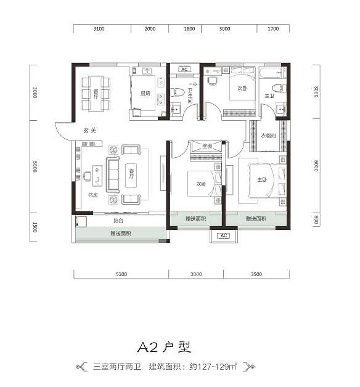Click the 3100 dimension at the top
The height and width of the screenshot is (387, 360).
click(99, 29)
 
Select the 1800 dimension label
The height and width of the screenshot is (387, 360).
click(189, 29)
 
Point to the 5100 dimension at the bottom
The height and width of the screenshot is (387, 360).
click(121, 274)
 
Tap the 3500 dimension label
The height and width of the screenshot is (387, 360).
click(256, 274)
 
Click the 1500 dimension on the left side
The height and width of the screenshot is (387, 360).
click(35, 227)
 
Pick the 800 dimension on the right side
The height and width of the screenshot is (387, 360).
click(316, 219)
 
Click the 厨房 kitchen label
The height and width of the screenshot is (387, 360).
click(145, 93)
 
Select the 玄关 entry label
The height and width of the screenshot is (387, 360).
click(89, 130)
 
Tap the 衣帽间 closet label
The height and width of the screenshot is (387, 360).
click(268, 136)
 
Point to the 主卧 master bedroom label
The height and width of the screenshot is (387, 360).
click(262, 179)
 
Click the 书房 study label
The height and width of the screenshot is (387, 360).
click(93, 195)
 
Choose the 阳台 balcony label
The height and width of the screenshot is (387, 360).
click(118, 221)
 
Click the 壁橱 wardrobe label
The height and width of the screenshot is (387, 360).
click(207, 146)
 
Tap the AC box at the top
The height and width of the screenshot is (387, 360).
click(184, 70)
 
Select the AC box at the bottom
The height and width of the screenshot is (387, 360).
click(224, 235)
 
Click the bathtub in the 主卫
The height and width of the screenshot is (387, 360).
click(271, 73)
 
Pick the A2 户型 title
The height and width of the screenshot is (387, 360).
click(165, 348)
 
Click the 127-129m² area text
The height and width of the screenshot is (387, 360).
click(213, 367)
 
